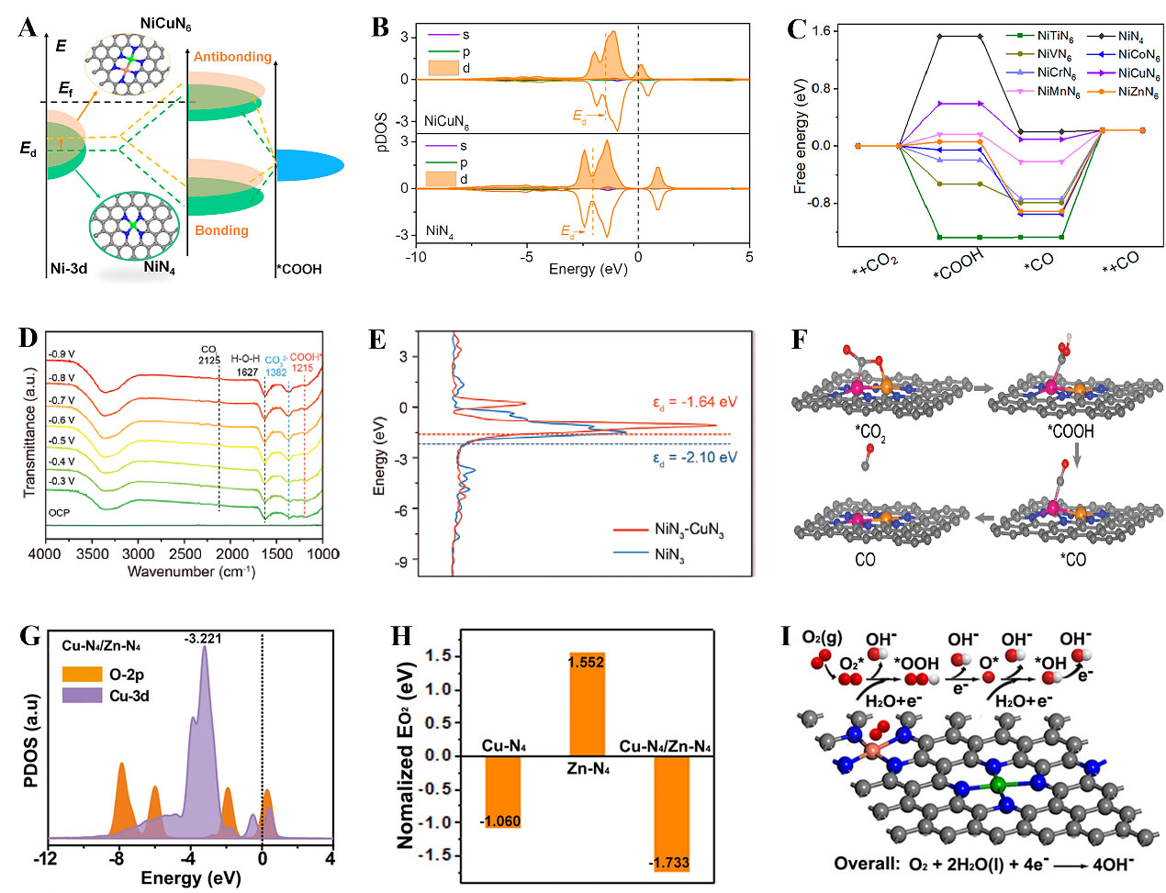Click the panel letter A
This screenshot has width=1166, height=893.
click(x=28, y=28)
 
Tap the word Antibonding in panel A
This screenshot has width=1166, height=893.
click(x=232, y=57)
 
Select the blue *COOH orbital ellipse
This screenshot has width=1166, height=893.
click(x=309, y=165)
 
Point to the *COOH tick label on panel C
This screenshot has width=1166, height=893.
click(x=958, y=265)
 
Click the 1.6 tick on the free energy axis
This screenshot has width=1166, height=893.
click(x=821, y=31)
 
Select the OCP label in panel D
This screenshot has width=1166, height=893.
click(x=59, y=512)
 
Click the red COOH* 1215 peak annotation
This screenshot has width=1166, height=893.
click(x=305, y=363)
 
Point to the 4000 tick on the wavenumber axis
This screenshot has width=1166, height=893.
click(x=45, y=553)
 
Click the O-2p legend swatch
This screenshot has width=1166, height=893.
click(x=82, y=675)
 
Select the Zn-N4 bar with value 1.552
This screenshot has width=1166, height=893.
click(x=587, y=703)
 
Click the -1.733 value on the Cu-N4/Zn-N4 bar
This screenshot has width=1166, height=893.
click(x=668, y=862)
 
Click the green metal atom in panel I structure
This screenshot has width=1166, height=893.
click(x=999, y=785)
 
